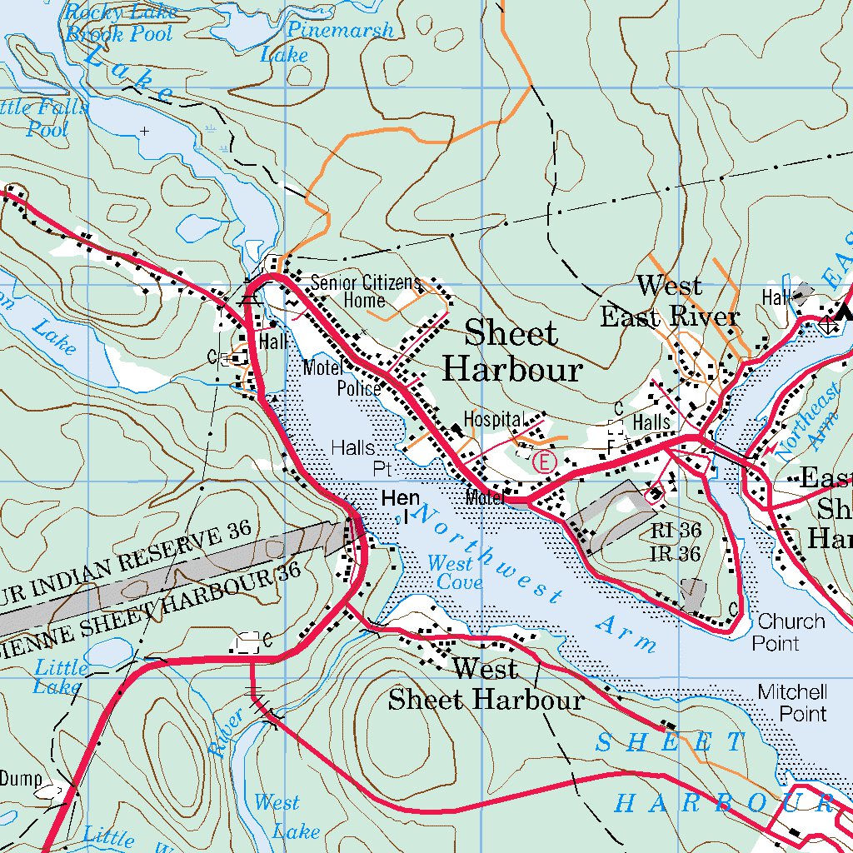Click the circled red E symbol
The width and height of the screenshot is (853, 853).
pos(544,461)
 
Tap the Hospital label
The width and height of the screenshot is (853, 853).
pos(492,419)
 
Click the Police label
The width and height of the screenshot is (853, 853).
pos(359,388)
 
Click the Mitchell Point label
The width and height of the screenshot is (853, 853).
pos(792,702)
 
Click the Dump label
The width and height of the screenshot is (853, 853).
pos(20,779)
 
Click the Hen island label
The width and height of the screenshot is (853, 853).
pos(400,499)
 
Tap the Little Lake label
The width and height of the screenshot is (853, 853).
pos(60,676)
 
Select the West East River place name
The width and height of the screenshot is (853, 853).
pos(670,302)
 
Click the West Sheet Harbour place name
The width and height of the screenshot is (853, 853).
pos(486,684)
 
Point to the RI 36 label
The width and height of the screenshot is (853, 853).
pos(676,530)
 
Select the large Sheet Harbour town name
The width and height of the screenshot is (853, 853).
pos(511,351)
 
